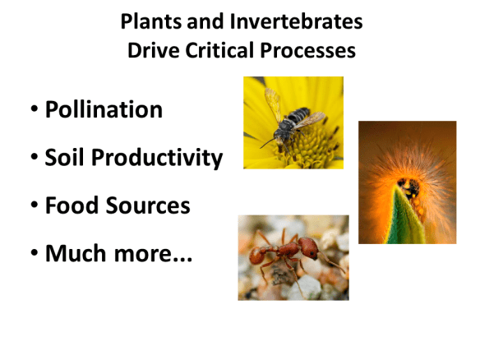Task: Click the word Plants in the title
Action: pyautogui.click(x=150, y=22)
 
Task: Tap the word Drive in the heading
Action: pyautogui.click(x=154, y=50)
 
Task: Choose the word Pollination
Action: pyautogui.click(x=104, y=109)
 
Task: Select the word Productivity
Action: pyautogui.click(x=155, y=157)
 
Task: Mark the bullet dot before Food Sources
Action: pyautogui.click(x=33, y=206)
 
